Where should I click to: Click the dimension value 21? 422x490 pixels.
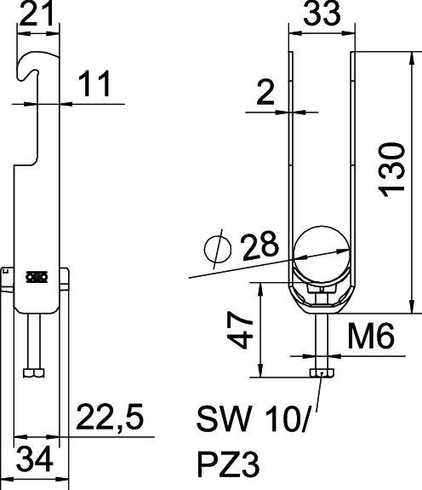pos(37,14)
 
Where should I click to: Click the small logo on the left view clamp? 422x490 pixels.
pos(36,276)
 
